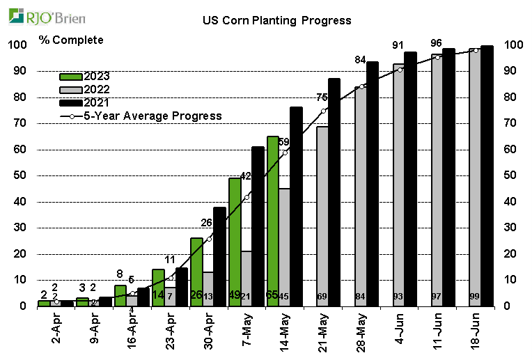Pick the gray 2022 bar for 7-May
[x=247, y=278]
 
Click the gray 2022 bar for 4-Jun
[x=398, y=185]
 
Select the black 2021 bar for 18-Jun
[x=487, y=175]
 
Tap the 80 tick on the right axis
[x=512, y=97]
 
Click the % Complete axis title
[x=71, y=40]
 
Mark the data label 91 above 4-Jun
[x=398, y=45]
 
